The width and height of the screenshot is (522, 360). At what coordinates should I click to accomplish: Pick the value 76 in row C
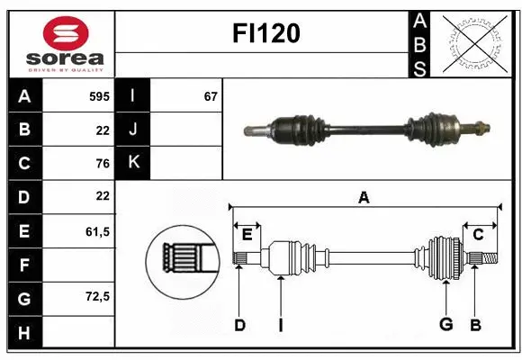(102, 163)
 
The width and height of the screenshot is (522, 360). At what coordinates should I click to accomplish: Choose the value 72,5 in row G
(96, 296)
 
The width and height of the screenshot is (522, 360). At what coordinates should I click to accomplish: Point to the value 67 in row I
(211, 95)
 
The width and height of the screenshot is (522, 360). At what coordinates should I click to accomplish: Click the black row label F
(23, 265)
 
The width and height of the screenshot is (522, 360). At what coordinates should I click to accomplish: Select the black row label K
(133, 163)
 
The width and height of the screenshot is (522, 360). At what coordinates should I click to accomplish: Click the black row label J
(133, 130)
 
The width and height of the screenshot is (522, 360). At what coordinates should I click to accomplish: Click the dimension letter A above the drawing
(364, 197)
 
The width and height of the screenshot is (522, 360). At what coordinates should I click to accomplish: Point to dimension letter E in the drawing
(247, 235)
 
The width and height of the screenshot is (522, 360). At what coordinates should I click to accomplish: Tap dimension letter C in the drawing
(478, 235)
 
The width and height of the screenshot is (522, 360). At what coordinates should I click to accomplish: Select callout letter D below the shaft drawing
(239, 325)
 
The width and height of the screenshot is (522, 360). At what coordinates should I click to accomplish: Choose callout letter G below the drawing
(445, 325)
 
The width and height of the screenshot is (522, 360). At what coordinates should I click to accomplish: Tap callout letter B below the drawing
(476, 325)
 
